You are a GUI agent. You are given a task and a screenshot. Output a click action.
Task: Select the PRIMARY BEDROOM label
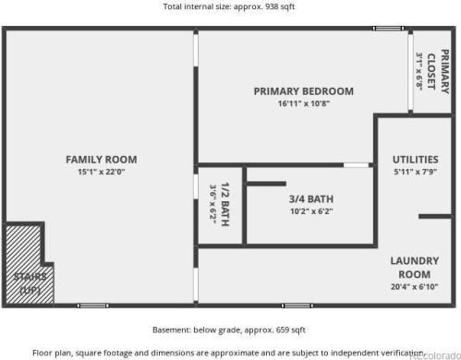[304, 90]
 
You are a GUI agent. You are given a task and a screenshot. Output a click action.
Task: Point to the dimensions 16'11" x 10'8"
[304, 103]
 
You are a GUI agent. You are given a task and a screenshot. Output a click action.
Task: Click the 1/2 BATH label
[224, 206]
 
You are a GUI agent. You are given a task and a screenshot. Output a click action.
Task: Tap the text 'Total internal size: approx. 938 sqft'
[230, 7]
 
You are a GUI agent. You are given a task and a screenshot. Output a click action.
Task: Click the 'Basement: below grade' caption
[229, 330]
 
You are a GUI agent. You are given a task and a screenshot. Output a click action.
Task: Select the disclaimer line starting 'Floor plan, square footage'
[230, 352]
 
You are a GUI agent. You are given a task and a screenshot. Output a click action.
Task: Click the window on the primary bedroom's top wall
[387, 29]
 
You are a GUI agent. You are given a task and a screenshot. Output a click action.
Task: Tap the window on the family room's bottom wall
[92, 305]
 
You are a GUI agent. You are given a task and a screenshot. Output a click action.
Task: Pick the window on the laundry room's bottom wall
[297, 305]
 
